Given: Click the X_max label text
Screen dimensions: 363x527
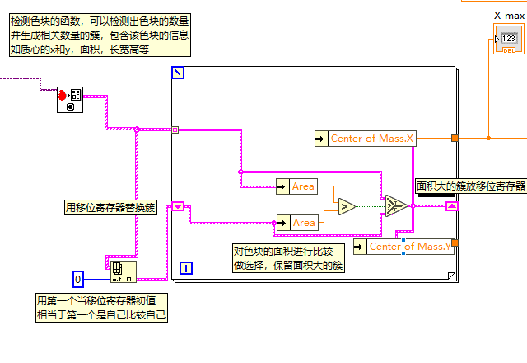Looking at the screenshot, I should click(509, 15).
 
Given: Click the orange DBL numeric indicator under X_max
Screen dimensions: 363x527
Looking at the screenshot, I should click(508, 40).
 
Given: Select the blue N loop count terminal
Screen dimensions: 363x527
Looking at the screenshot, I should click(178, 73).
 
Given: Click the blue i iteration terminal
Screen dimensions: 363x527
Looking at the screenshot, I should click(186, 267).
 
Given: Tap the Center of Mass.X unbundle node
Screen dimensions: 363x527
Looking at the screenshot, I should click(366, 139).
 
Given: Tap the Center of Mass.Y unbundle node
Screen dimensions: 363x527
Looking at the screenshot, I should click(403, 247).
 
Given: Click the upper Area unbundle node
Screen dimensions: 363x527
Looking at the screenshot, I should click(296, 186).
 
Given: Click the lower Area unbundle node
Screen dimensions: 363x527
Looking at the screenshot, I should click(296, 222).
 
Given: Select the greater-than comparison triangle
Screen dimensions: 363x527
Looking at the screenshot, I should click(346, 205).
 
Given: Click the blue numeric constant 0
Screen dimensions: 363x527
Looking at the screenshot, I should click(78, 280).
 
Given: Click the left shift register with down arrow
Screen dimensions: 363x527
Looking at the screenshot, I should click(178, 205).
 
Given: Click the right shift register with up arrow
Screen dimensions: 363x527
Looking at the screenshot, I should click(451, 205).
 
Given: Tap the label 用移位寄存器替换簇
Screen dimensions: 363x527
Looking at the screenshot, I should click(110, 207).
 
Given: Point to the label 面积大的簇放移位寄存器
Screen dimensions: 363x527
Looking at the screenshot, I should click(470, 186).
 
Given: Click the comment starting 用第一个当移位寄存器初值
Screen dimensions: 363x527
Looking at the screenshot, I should click(101, 307).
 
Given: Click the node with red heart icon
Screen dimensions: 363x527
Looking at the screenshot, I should click(69, 100).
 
